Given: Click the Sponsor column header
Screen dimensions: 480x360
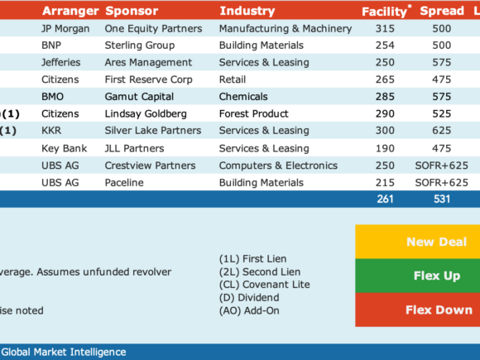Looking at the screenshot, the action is click(x=132, y=11).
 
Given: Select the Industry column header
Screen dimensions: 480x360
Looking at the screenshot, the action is click(x=247, y=11).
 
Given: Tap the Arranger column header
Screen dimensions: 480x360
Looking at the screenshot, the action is click(x=70, y=11).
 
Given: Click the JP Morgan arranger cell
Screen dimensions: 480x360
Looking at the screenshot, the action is click(x=65, y=29).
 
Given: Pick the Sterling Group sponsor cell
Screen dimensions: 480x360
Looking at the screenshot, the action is click(x=140, y=46).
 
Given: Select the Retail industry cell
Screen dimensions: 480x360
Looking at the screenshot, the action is click(x=233, y=79).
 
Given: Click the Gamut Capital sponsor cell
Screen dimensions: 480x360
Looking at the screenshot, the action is click(x=139, y=97).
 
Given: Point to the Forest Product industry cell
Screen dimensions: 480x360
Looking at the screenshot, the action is click(x=254, y=114).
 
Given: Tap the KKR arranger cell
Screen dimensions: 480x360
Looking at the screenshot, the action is click(x=51, y=131).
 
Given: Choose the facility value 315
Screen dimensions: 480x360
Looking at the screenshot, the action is click(x=385, y=29).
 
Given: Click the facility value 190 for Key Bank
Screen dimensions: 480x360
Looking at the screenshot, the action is click(x=385, y=148).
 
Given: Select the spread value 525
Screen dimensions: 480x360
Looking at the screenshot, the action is click(x=441, y=114).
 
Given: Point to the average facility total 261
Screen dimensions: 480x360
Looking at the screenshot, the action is click(x=385, y=199).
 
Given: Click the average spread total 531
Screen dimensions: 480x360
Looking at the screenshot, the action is click(x=442, y=199).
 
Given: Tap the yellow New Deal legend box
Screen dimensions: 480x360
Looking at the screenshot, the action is click(x=418, y=242).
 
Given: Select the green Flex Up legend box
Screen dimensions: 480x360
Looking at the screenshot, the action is click(x=418, y=276).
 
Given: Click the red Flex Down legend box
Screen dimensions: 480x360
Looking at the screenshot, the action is click(x=418, y=310).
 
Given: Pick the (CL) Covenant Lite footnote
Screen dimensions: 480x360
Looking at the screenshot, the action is click(x=265, y=285).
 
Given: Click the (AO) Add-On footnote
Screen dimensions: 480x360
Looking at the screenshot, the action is click(x=249, y=310).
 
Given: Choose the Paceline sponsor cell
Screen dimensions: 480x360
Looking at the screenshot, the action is click(x=124, y=183).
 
